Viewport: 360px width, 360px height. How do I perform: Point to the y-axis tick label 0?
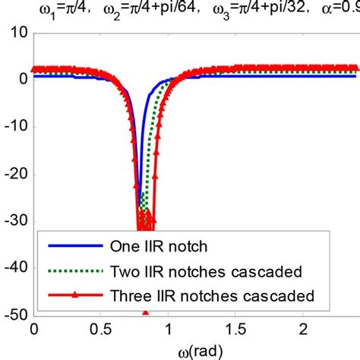click(23, 78)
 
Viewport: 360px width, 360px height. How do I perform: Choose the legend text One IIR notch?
click(152, 245)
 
